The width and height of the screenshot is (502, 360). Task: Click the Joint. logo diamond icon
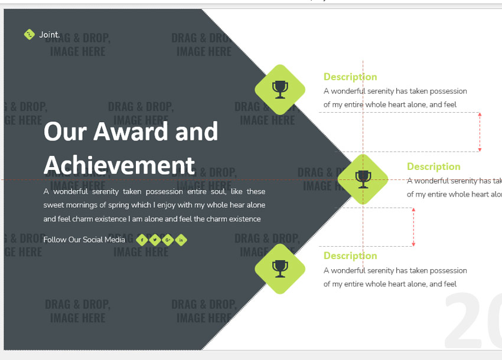[x=30, y=35]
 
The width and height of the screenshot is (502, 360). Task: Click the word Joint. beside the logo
[x=50, y=35]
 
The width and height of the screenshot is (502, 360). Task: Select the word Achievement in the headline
[x=119, y=165]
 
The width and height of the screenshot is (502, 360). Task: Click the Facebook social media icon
[x=142, y=240]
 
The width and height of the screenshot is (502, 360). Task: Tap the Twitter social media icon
[x=155, y=240]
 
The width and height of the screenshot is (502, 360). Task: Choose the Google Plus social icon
[x=168, y=240]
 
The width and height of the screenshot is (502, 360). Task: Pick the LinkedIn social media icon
[x=181, y=240]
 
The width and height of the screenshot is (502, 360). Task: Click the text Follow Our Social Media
[x=84, y=240]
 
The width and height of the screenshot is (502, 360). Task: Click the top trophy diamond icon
[x=280, y=90]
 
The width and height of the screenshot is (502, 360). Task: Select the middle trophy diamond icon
[x=363, y=179]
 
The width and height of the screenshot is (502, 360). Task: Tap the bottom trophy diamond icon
[x=280, y=269]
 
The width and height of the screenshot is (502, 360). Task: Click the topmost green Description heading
[x=350, y=77]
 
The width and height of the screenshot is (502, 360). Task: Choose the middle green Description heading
[x=433, y=166]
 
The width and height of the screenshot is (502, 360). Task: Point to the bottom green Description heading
[x=350, y=256]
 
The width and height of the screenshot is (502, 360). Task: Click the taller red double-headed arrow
[x=480, y=132]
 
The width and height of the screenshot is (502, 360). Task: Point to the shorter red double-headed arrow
[x=413, y=227]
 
